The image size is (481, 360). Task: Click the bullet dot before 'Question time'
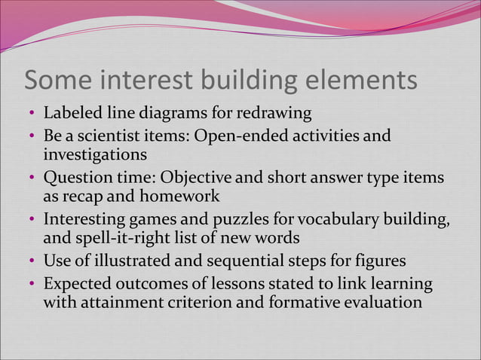pyautogui.click(x=32, y=179)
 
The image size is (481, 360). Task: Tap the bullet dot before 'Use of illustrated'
pyautogui.click(x=32, y=263)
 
